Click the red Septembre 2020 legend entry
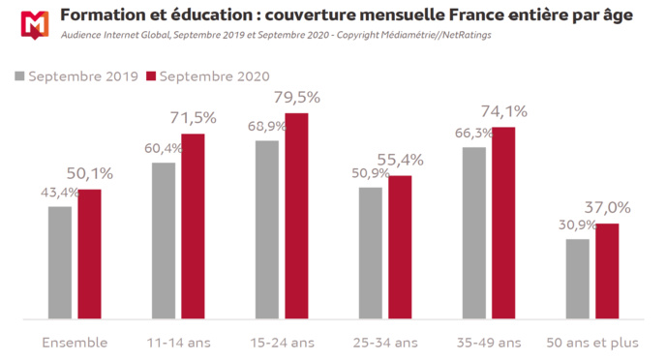[x=207, y=76]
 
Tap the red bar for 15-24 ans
[x=296, y=216]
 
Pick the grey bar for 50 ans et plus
[x=577, y=279]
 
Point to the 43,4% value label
[x=60, y=195]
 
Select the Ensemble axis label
[x=75, y=342]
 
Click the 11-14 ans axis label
[x=178, y=342]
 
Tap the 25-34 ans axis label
[x=385, y=342]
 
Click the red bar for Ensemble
[x=89, y=254]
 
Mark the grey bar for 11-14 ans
[x=164, y=240]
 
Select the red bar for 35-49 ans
[x=503, y=223]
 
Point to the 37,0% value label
[x=608, y=207]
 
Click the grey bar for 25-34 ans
[x=371, y=253]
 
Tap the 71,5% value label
[x=194, y=118]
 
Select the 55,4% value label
[x=401, y=159]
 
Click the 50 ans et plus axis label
[x=592, y=342]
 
